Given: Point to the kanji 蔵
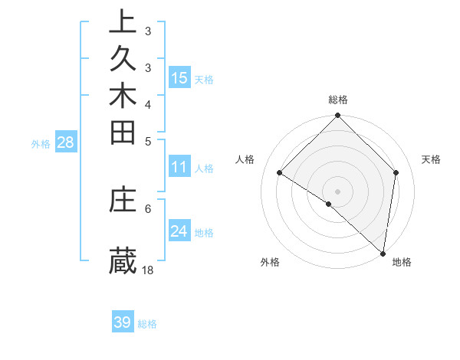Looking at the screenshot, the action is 123,260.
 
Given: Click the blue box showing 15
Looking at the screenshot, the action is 179,77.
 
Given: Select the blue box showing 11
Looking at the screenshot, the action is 179,168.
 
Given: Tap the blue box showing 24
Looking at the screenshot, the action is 179,231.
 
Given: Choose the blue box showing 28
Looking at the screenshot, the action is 65,142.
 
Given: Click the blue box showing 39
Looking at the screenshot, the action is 123,322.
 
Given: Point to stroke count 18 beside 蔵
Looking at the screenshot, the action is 148,270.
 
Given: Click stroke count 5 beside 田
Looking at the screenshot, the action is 148,141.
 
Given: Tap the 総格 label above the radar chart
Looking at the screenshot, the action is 338,100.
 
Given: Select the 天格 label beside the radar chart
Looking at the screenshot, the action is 431,159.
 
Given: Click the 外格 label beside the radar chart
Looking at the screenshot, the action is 270,262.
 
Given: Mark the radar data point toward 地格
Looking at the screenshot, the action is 383,253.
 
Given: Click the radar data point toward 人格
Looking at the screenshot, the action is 280,173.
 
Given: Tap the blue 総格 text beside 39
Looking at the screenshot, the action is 147,324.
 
